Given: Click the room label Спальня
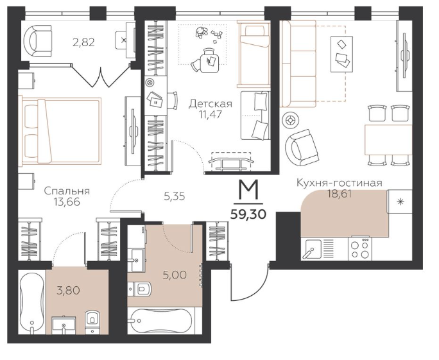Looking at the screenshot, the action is tap(67, 191).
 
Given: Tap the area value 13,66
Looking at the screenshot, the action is tap(67, 201).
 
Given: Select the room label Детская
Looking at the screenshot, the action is tap(211, 104).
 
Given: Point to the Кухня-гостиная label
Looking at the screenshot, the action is tap(340, 183).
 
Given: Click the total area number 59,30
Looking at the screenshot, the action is tap(248, 215).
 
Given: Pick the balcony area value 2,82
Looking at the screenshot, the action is tap(83, 42).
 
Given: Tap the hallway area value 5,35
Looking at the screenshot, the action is tap(175, 197).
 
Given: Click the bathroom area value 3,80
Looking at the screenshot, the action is tap(68, 290).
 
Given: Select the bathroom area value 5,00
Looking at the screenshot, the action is tap(175, 275).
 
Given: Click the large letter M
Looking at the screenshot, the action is tap(248, 191).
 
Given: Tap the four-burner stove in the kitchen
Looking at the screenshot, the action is tap(360, 248).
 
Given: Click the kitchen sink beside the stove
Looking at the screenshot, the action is tap(313, 249).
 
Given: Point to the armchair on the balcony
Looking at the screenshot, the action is tap(38, 41).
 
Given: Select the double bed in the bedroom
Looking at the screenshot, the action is tap(60, 131).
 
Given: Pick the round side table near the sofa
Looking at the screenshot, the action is tap(290, 121).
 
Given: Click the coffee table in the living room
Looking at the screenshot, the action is tap(342, 54).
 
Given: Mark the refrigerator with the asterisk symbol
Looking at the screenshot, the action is tap(400, 201).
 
